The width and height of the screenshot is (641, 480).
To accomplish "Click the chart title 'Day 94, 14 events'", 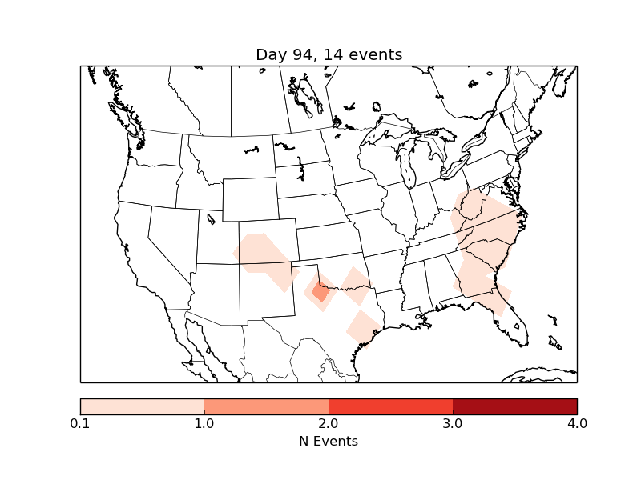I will (x=329, y=54).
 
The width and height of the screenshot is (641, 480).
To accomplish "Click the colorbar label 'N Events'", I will (x=329, y=441).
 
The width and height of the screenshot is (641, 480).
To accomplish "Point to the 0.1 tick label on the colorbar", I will (x=80, y=423).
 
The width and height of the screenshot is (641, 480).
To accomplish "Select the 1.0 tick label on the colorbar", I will (x=204, y=423).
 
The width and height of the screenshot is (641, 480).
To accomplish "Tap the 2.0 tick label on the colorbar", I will (x=329, y=423).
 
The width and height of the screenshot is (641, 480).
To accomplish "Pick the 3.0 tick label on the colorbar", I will (x=453, y=423).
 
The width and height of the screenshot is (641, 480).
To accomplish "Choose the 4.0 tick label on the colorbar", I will (x=577, y=423).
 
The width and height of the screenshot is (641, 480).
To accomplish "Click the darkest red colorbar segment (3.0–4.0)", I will (x=514, y=406).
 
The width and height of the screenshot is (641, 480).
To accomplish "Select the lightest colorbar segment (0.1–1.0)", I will (x=143, y=406).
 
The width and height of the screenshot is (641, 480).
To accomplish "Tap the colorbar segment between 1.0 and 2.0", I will (x=266, y=406).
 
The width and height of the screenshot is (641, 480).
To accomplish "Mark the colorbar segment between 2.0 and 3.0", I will (x=390, y=406).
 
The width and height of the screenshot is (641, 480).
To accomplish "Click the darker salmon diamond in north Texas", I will (x=320, y=292).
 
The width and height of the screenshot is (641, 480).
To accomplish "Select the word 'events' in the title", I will (x=377, y=54).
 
